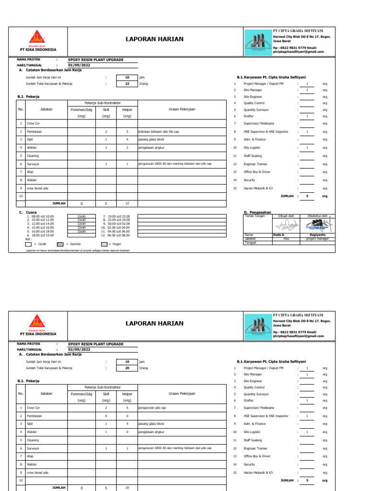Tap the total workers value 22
tap(127, 83)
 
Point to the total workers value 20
tap(127, 368)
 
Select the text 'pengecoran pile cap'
tap(152, 408)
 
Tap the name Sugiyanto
tap(318, 234)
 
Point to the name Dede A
tap(278, 234)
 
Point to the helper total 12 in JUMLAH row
tap(127, 203)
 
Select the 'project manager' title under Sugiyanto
tap(318, 238)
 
